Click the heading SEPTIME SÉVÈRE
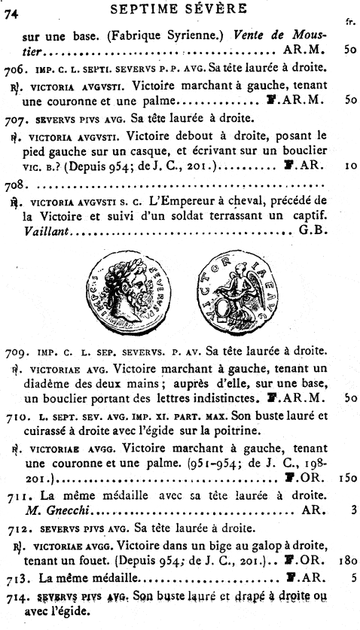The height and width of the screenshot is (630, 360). coord(178,9)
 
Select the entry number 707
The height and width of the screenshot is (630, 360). coord(15,120)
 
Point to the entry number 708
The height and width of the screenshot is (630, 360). coord(14,184)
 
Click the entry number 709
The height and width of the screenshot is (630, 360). coord(15,351)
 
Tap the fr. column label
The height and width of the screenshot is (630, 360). coord(350,23)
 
